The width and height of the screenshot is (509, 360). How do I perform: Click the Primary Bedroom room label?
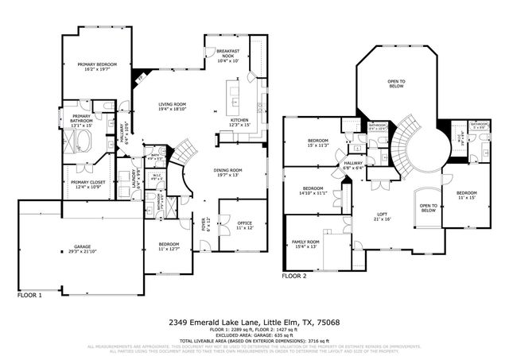(95, 66)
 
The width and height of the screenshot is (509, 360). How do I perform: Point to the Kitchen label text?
(239, 122)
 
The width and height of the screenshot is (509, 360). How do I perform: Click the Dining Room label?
(227, 172)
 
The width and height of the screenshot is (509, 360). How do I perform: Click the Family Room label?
(307, 243)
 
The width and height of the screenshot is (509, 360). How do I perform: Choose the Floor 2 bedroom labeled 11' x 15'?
(466, 195)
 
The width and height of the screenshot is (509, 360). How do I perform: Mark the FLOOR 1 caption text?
(30, 294)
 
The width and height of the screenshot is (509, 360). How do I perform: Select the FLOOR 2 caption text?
(293, 277)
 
